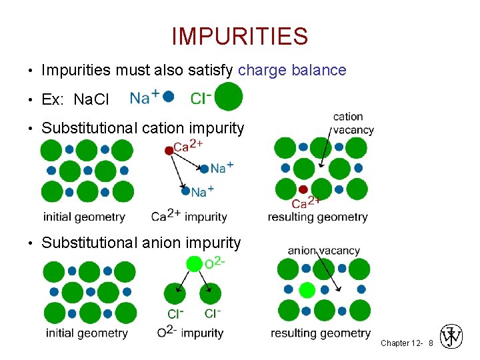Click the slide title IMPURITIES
(x=239, y=36)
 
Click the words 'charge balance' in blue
(x=292, y=70)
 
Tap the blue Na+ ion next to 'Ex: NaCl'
(x=169, y=97)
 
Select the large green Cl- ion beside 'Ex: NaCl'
(x=229, y=97)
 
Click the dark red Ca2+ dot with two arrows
(x=169, y=151)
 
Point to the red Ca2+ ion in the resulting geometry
(x=303, y=189)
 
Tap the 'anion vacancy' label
(x=323, y=251)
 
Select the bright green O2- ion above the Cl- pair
(x=193, y=264)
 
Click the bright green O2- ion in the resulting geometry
(x=307, y=290)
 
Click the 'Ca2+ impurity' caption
(x=189, y=216)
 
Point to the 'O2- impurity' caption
(x=190, y=332)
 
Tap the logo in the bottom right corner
(x=452, y=336)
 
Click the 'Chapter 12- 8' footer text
(x=407, y=343)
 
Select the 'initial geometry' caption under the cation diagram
(x=84, y=217)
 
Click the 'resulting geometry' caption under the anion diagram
(x=321, y=333)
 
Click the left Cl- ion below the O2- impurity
(x=175, y=293)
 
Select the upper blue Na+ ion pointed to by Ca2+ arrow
(x=204, y=169)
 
